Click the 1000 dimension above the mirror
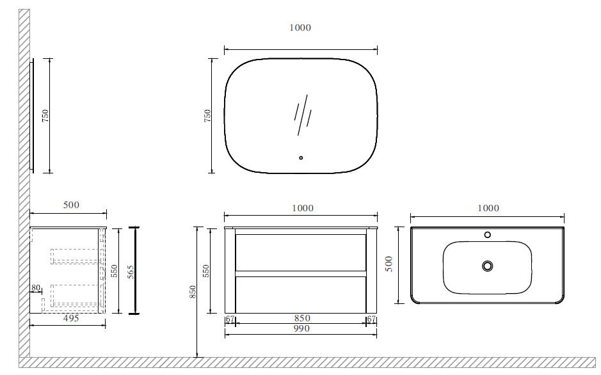300,28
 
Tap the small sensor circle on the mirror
301,157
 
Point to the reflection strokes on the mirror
303,115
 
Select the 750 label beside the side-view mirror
45,116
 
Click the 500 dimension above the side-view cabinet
71,205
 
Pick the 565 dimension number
131,272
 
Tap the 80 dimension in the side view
36,288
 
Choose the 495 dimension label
71,318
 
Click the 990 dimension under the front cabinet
301,329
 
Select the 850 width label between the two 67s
302,318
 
